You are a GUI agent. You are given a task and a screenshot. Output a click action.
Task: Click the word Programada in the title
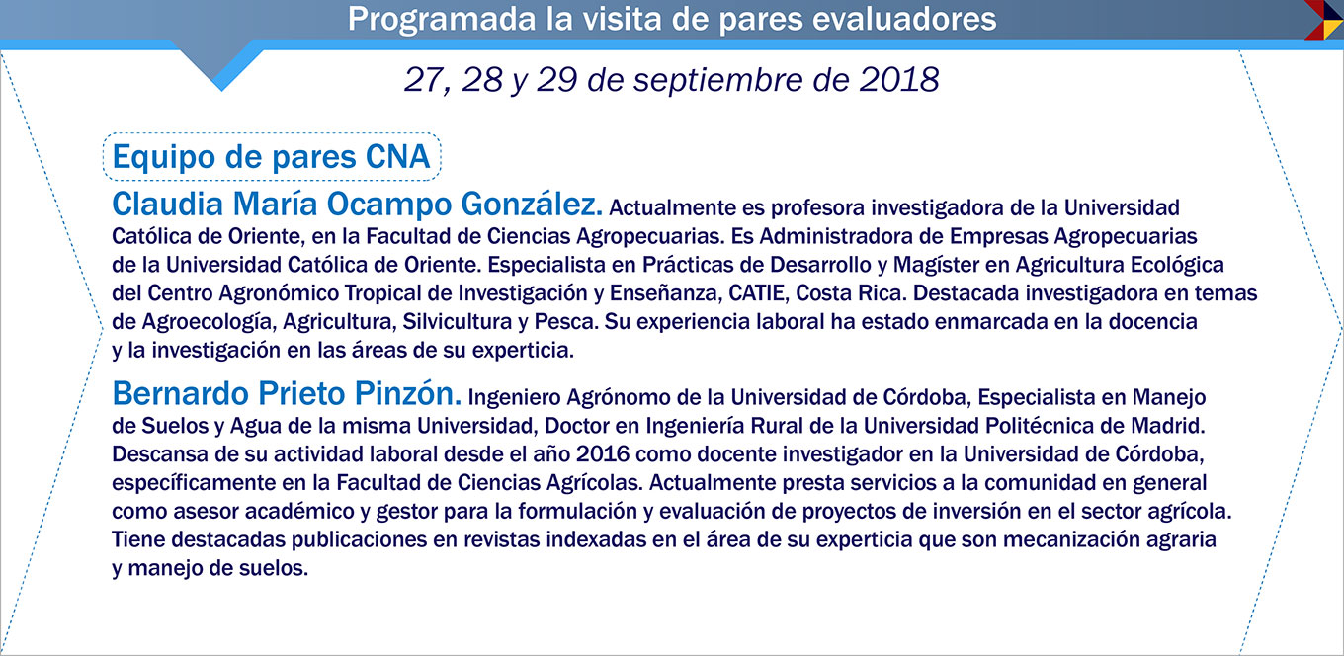tap(442, 19)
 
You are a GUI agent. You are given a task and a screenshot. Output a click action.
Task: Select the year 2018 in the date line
tap(899, 80)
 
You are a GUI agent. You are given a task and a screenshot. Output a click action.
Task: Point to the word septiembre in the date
tap(717, 81)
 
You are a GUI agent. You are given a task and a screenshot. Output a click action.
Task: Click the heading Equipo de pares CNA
tap(271, 157)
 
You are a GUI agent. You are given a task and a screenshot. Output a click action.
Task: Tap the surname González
tap(532, 204)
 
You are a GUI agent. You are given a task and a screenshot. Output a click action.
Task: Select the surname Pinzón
tap(407, 393)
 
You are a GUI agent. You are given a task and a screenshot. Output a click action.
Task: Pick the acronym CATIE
tap(757, 293)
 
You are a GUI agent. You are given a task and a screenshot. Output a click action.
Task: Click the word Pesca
tap(566, 322)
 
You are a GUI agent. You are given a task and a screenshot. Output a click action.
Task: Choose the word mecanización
tap(1068, 540)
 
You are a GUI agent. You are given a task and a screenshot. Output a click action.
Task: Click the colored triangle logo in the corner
tap(1323, 20)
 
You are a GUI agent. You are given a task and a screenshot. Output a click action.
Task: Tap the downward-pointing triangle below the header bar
tap(220, 65)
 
